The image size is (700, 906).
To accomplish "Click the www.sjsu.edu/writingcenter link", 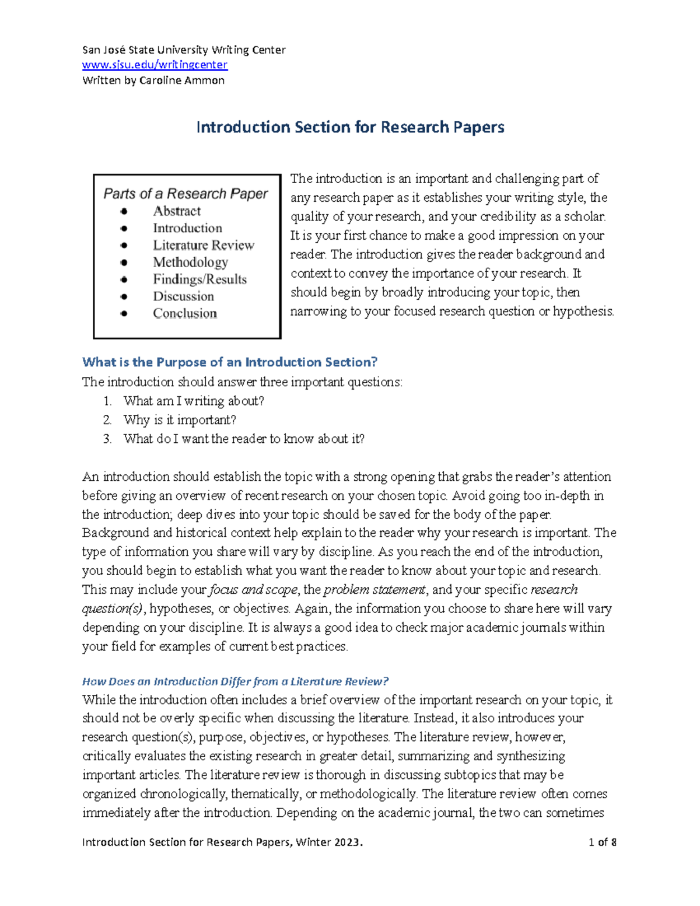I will [x=155, y=65].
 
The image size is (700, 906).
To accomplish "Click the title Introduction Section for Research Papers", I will [x=350, y=127].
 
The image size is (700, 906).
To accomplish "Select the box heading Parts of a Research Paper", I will [x=185, y=194].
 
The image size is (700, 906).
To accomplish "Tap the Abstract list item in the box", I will [x=177, y=211].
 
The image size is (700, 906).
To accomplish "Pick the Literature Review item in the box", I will [x=204, y=245].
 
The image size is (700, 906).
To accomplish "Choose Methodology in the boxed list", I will [x=190, y=263].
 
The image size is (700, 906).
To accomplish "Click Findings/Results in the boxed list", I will [x=199, y=279].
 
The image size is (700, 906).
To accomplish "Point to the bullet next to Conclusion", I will [x=124, y=314].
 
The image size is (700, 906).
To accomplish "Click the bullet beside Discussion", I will [x=124, y=296].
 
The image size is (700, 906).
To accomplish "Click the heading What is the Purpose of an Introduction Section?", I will [x=230, y=362].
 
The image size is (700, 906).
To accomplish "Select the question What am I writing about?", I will [x=194, y=401].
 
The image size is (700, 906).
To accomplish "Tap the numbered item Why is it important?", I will [x=180, y=420].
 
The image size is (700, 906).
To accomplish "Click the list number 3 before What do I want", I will [x=107, y=439].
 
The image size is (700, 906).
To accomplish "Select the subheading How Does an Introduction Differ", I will [x=235, y=681].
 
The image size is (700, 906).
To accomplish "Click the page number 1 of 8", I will [x=603, y=842].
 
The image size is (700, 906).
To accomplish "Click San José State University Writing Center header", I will [x=184, y=50].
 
